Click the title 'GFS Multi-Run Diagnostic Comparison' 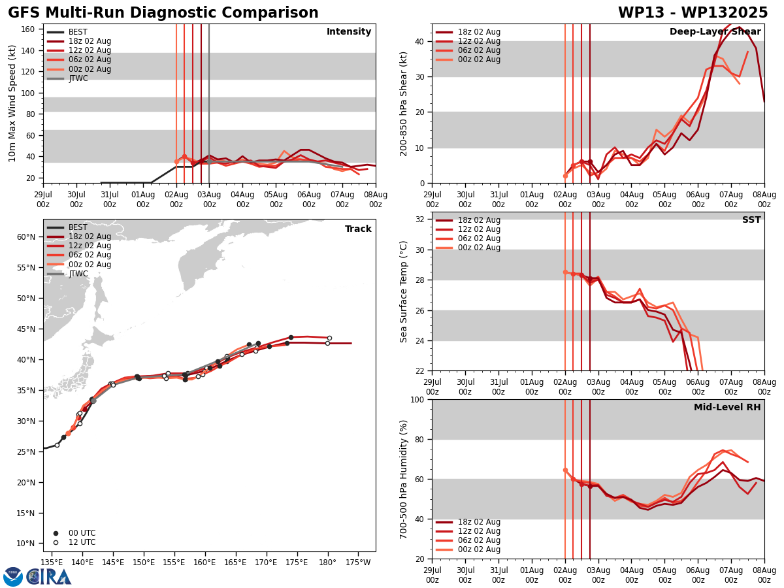[163, 13]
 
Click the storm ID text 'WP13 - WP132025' [693, 13]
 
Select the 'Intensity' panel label [348, 32]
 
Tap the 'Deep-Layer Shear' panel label [715, 32]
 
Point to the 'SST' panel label [751, 220]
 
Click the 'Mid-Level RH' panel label [727, 408]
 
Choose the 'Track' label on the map [358, 229]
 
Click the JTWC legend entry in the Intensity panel [78, 78]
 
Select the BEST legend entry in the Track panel [78, 227]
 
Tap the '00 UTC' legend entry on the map [82, 533]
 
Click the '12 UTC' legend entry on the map [82, 542]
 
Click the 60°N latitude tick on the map [25, 237]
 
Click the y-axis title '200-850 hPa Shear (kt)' [404, 103]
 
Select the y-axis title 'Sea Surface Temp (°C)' [404, 291]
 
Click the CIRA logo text [50, 577]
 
